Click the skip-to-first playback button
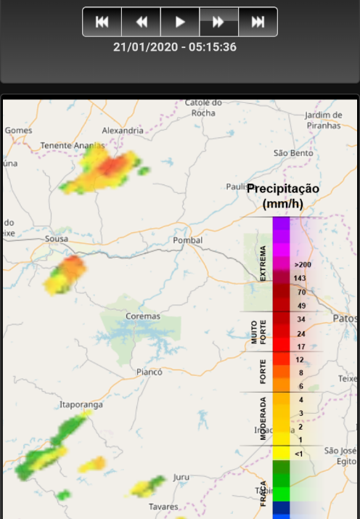(x=102, y=22)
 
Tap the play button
(x=180, y=22)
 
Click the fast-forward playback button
(x=218, y=22)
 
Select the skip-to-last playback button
(x=258, y=22)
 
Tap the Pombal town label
(x=188, y=240)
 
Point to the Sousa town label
(x=57, y=238)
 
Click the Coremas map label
(x=142, y=317)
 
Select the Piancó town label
(x=150, y=372)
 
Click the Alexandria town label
(x=123, y=130)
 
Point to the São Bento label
(x=292, y=153)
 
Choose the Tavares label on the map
(x=163, y=506)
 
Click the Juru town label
(x=181, y=477)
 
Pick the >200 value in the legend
(x=303, y=265)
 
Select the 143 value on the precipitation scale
(x=300, y=279)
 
